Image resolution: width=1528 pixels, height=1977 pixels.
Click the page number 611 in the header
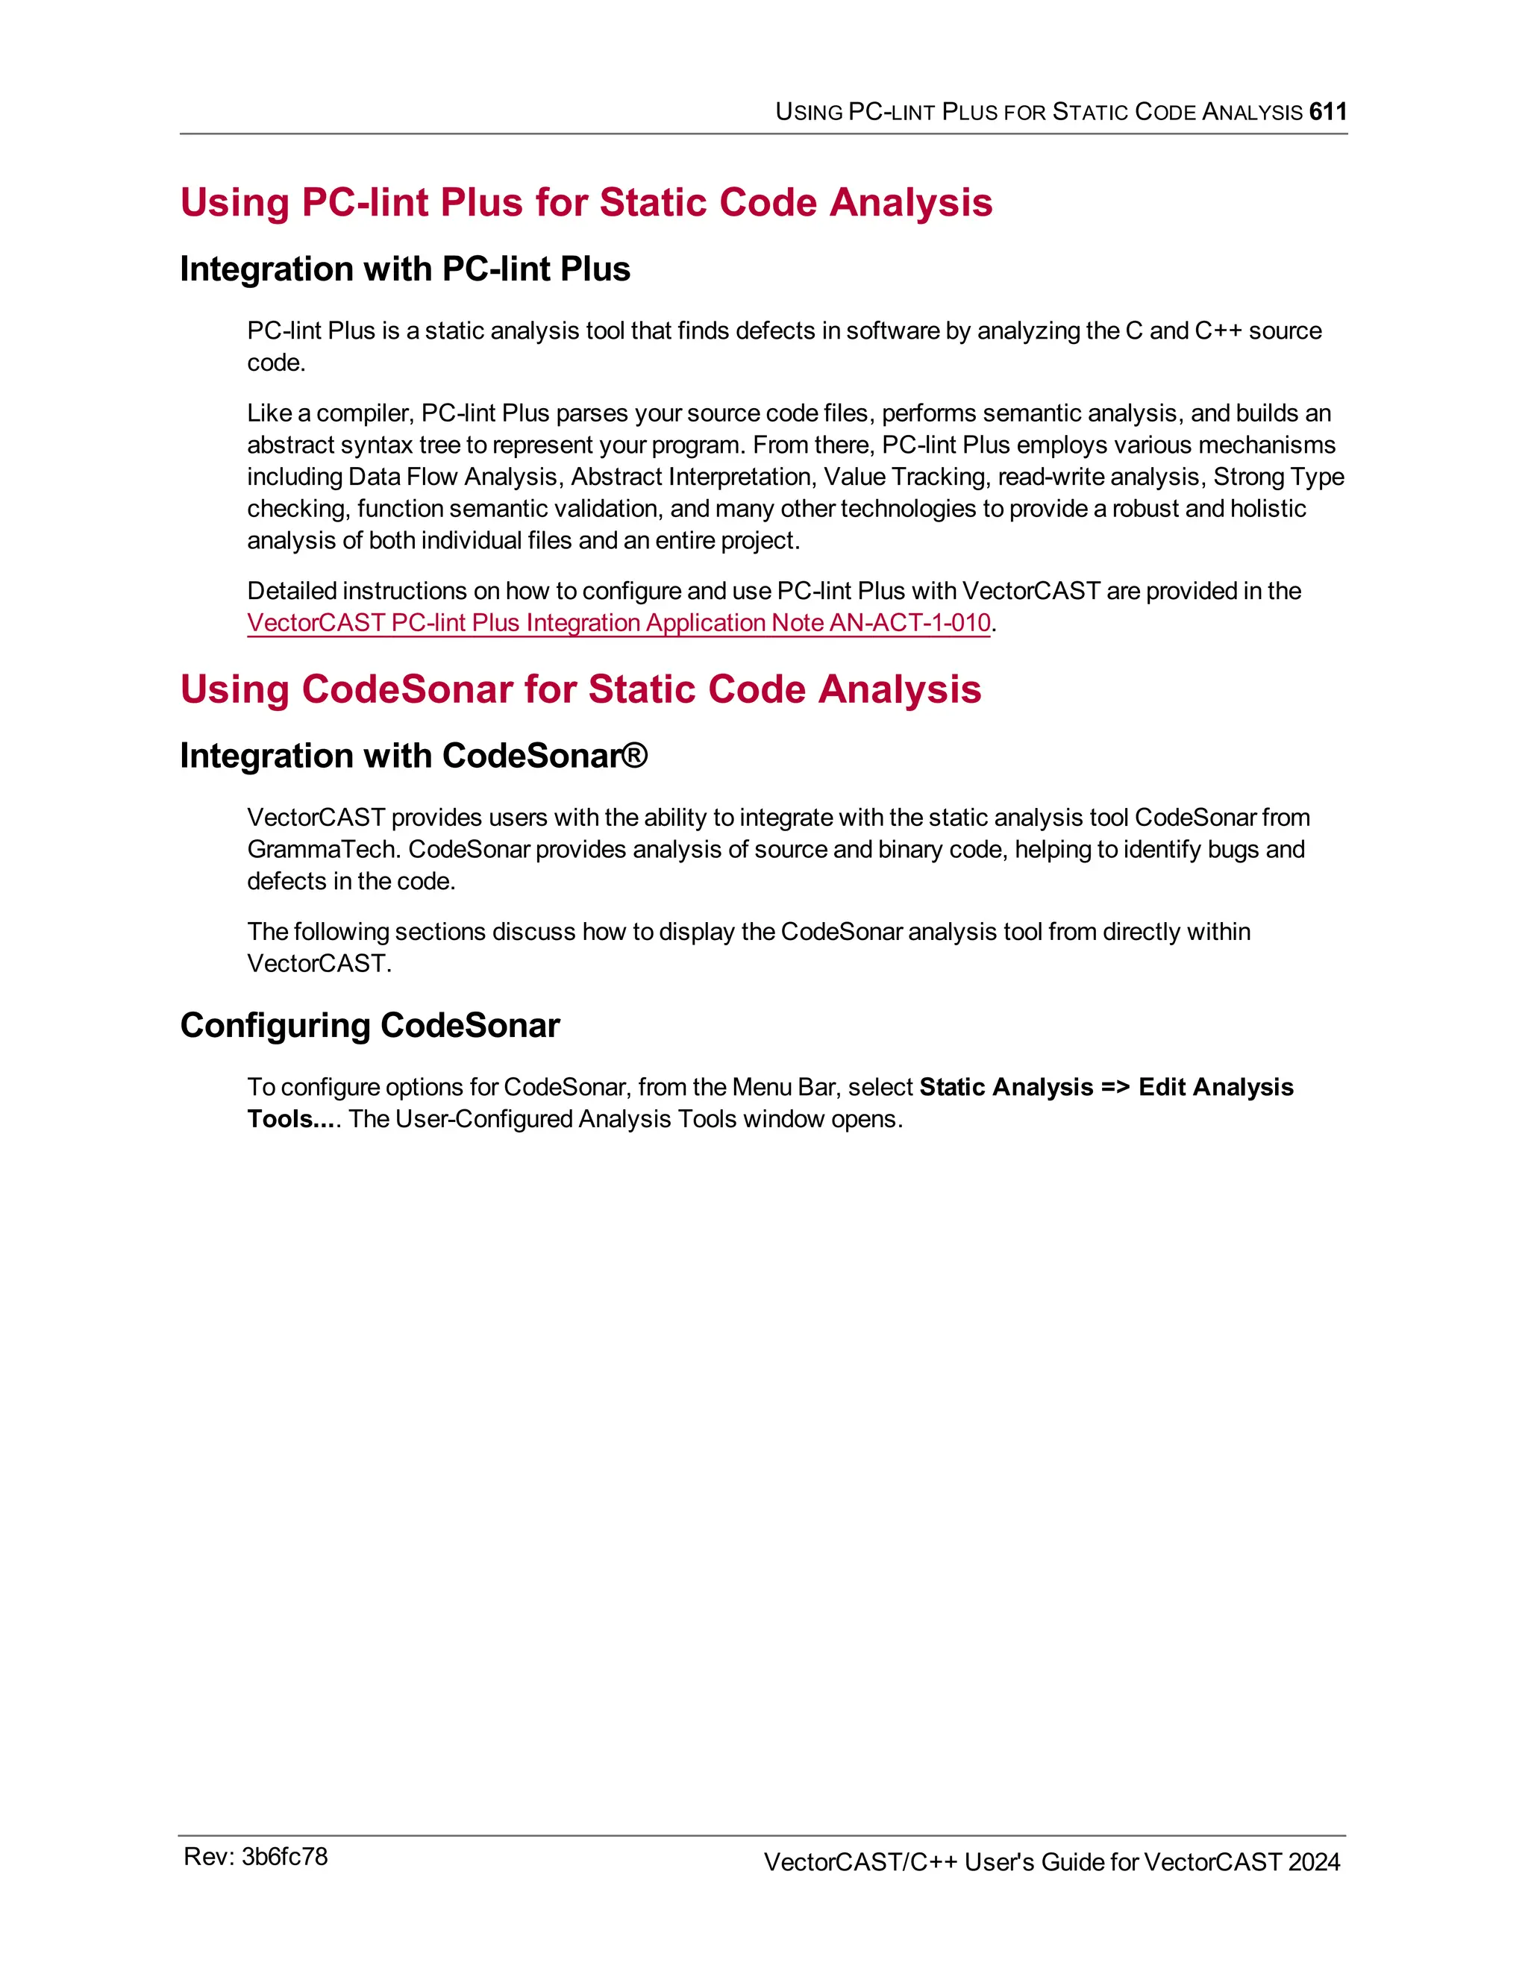pos(1328,111)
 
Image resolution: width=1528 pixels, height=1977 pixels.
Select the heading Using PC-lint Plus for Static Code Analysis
pos(586,202)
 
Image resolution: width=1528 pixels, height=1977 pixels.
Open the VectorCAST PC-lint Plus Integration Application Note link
pos(619,623)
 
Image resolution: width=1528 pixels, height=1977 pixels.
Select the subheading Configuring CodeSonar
pos(369,1026)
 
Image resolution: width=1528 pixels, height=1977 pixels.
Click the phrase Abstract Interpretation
pos(692,477)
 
